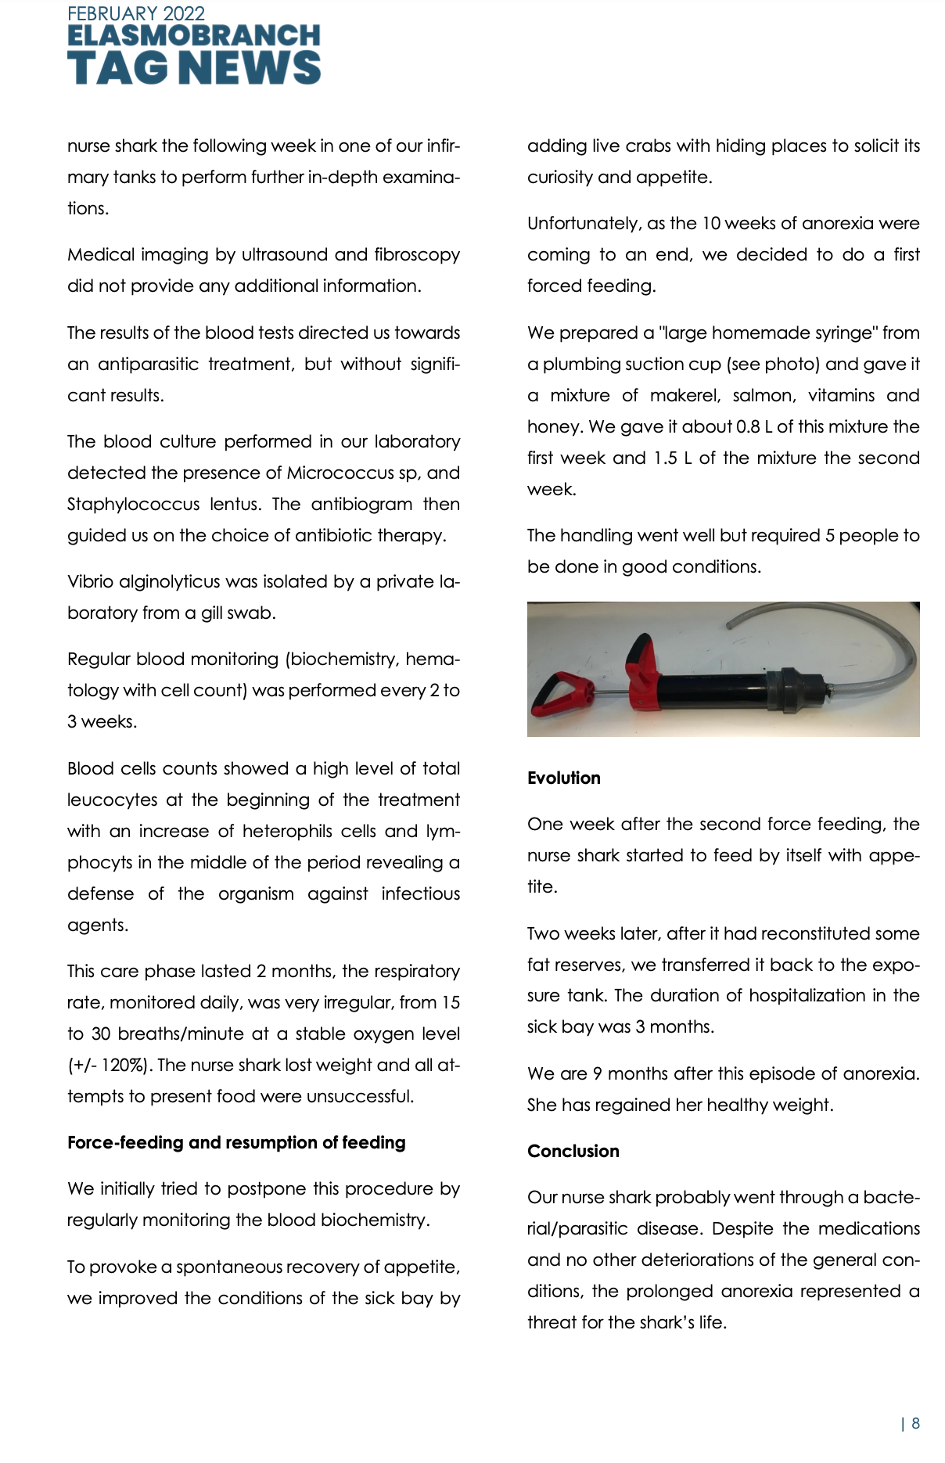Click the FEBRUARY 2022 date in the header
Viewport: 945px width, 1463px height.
point(136,14)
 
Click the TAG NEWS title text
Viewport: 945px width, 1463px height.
point(194,67)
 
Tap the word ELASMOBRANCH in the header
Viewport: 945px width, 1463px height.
point(194,36)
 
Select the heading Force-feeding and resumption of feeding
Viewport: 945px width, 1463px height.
point(236,1142)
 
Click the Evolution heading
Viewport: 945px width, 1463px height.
point(564,778)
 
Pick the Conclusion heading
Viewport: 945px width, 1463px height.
point(573,1151)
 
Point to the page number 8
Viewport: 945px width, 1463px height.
point(915,1423)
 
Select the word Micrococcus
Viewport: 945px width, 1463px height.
point(340,473)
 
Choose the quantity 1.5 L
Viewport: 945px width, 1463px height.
point(673,458)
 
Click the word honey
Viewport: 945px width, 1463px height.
point(554,427)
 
